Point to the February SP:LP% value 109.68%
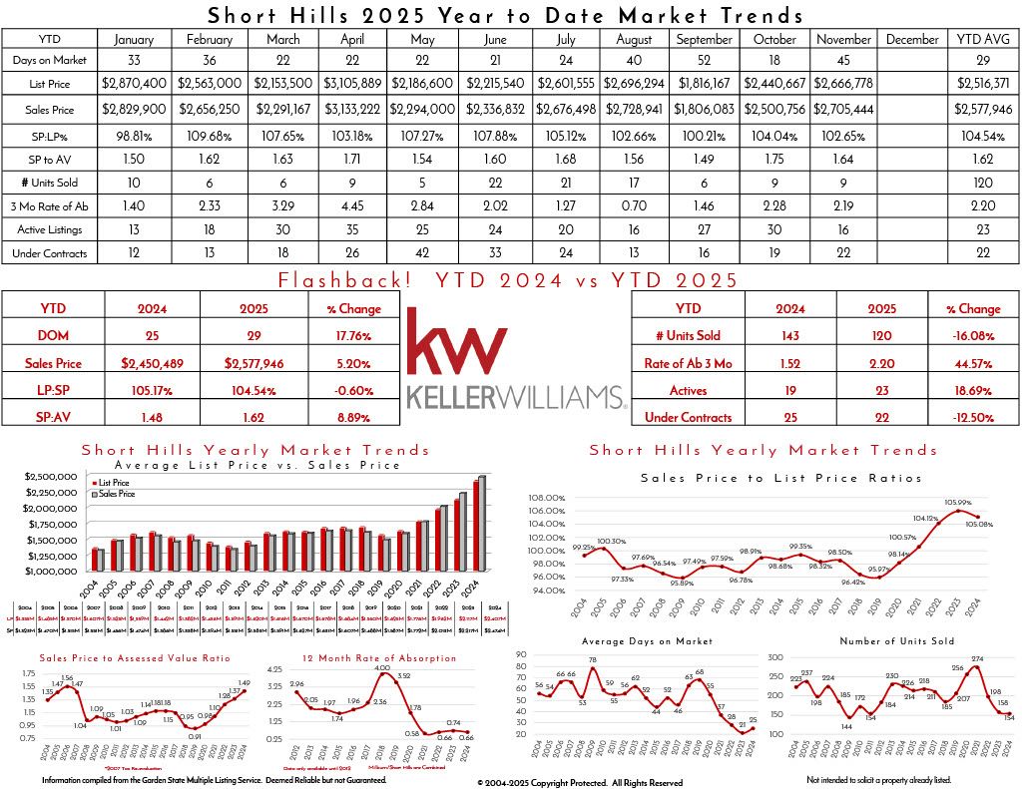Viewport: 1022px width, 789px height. (208, 134)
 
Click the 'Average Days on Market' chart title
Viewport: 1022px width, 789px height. (653, 641)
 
